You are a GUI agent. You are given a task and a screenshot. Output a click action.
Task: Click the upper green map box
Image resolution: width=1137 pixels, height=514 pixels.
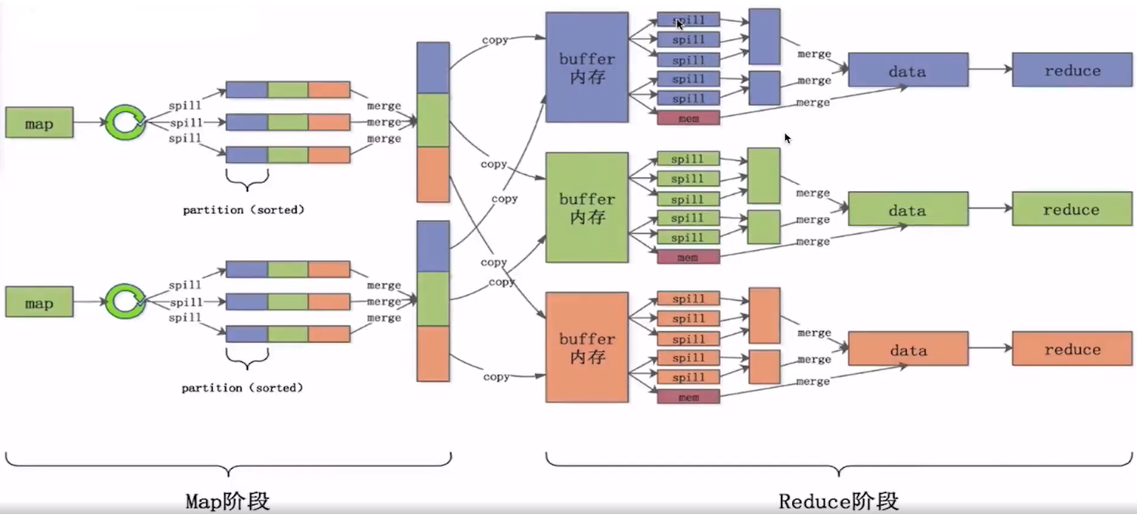tap(38, 122)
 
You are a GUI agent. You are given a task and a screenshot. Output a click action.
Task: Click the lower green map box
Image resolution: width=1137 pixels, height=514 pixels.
tap(38, 302)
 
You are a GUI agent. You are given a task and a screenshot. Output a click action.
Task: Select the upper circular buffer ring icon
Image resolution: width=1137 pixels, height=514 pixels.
tap(124, 122)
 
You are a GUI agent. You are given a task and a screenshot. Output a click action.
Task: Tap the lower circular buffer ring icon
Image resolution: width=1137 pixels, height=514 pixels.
tap(124, 301)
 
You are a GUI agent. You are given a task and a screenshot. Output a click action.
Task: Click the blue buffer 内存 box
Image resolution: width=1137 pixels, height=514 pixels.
tap(587, 67)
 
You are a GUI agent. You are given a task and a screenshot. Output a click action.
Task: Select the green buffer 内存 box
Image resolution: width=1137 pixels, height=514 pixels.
tap(587, 207)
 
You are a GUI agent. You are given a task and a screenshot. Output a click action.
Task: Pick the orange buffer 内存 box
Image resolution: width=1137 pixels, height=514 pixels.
tap(587, 347)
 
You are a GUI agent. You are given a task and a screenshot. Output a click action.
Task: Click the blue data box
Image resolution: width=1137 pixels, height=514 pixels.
tap(908, 70)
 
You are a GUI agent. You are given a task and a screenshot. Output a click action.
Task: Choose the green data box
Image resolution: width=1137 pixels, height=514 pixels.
tap(908, 209)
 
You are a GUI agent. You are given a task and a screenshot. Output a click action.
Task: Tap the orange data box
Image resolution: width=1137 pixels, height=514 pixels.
tap(908, 349)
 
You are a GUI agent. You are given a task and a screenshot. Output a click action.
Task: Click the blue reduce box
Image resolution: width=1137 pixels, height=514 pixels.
tap(1072, 70)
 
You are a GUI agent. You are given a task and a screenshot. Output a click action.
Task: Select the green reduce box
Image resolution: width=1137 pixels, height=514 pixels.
tap(1072, 209)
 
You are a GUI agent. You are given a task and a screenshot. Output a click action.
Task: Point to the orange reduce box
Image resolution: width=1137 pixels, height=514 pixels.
tap(1072, 349)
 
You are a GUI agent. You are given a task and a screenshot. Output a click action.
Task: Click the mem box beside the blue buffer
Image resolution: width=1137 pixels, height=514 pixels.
tap(688, 118)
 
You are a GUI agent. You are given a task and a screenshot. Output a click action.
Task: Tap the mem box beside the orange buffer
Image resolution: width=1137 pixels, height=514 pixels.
tap(688, 397)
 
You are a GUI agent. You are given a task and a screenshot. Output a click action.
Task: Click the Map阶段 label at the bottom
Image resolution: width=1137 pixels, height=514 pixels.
tap(227, 501)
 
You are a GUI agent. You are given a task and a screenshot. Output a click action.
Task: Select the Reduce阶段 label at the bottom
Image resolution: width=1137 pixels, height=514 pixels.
tap(839, 501)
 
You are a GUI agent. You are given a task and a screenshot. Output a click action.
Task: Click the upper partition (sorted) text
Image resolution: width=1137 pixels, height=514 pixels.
tap(244, 210)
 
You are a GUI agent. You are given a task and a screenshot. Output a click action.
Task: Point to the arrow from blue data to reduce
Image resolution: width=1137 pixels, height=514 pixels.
tap(990, 69)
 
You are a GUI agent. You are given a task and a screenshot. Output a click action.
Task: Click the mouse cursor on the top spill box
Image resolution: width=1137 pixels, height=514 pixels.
tap(680, 24)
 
